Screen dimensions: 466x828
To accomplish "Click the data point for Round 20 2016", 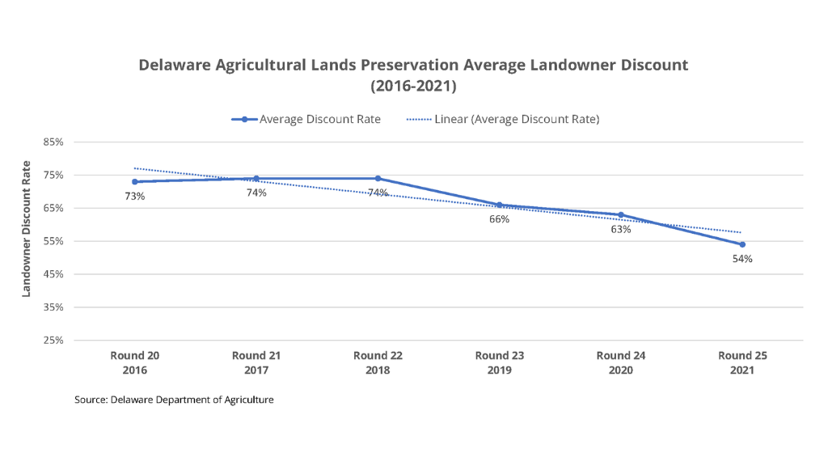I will point(134,182).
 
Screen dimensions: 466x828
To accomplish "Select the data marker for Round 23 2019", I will point(499,205).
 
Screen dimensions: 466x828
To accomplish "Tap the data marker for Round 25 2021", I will point(742,244).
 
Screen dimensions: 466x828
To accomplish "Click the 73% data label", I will point(134,197).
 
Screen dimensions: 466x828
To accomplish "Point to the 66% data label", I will point(499,219).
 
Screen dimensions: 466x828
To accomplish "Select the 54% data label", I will point(742,259).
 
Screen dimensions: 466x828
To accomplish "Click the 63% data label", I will point(621,229).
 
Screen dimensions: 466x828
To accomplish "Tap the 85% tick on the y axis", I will point(53,142).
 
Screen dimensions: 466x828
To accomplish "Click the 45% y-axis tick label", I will point(53,274).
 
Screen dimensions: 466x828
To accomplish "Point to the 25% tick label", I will point(53,341).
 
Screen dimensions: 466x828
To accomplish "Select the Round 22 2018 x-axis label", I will point(378,362).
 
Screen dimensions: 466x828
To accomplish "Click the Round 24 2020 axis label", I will point(621,362).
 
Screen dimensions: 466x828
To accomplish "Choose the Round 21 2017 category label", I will point(256,362).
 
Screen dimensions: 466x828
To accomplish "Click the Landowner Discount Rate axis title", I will point(26,229).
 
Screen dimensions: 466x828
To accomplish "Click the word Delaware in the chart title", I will point(173,65).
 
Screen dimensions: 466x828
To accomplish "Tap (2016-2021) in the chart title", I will point(413,85).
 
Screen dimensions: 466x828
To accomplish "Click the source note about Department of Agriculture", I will point(173,400).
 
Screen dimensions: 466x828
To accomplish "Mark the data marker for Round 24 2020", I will point(621,214).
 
